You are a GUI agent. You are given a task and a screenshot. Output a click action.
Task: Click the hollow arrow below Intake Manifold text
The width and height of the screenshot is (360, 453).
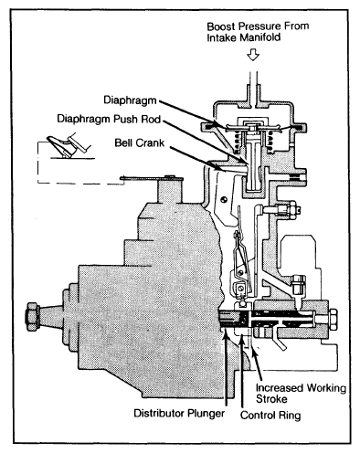coord(253,55)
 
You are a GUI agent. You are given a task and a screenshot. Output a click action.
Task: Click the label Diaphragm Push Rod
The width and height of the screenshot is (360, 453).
coord(109,119)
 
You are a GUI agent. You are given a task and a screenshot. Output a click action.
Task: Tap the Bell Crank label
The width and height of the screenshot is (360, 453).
coord(140,142)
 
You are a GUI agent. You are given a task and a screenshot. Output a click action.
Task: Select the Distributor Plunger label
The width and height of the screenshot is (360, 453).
coord(179,413)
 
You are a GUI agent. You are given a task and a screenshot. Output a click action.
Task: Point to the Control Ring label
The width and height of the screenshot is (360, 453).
coord(270,416)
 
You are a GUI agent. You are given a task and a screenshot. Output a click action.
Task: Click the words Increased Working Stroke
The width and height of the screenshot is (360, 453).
coord(301,394)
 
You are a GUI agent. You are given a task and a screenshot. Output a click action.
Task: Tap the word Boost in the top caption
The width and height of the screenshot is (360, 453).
coord(221,26)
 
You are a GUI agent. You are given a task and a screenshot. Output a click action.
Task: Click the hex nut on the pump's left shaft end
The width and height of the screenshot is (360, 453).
coord(33,317)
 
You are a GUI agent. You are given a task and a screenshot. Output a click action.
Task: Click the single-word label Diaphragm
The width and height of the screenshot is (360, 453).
coord(130,100)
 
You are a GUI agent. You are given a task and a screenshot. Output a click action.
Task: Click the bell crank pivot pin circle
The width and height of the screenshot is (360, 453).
coord(225,199)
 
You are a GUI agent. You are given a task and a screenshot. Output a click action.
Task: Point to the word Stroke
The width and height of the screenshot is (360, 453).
coord(271,399)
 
